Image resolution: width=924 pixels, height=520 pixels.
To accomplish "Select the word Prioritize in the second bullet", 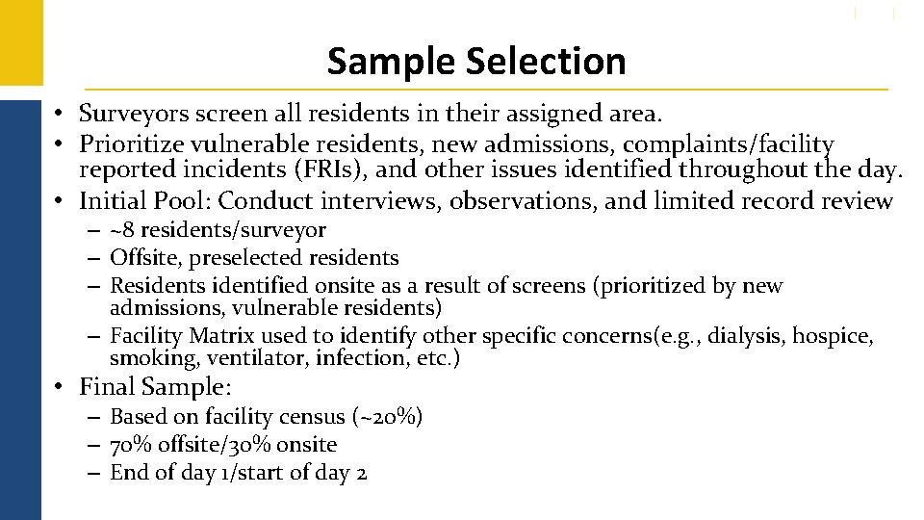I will (x=128, y=144).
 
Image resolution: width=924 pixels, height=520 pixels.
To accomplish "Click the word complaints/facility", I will (x=728, y=144).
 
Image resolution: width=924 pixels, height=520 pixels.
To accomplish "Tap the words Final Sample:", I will (x=156, y=387).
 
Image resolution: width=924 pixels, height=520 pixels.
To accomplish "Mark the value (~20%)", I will (x=388, y=417).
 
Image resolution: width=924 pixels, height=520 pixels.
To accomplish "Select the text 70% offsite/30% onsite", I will (x=223, y=445).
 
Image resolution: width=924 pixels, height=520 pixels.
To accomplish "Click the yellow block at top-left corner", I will (x=20, y=42).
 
